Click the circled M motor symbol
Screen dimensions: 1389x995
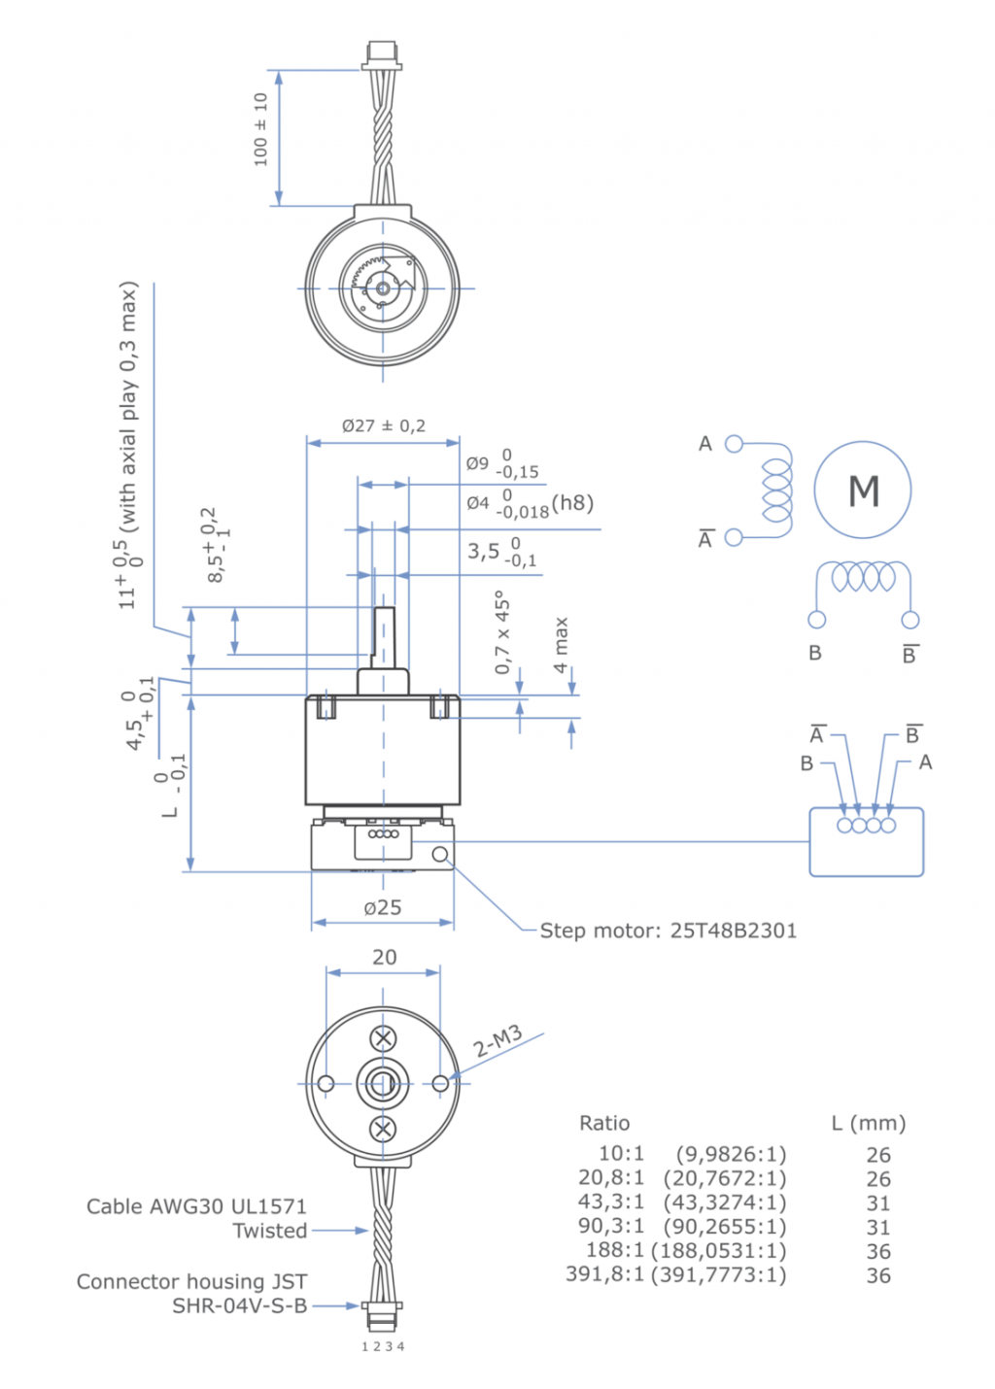point(862,491)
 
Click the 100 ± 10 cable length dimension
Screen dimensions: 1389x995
point(260,129)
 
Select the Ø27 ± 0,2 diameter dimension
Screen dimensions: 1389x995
point(383,425)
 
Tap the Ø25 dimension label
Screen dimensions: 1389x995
point(383,907)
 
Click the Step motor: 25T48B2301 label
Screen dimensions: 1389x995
point(668,931)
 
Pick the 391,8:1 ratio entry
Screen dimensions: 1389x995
point(604,1274)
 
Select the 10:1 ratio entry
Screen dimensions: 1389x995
point(621,1154)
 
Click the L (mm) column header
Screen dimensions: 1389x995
point(869,1123)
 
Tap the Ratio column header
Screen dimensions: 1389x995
point(604,1123)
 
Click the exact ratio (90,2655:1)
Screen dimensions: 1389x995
point(725,1227)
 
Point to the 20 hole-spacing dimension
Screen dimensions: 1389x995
point(384,957)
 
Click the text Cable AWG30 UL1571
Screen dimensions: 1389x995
point(196,1206)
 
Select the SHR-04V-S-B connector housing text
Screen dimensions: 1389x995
point(239,1306)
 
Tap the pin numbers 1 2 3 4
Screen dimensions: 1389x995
point(383,1346)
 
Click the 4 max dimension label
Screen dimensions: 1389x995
point(561,645)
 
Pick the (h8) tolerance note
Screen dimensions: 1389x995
point(572,503)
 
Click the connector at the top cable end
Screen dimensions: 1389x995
point(382,54)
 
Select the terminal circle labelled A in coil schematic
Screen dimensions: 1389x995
point(735,444)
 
